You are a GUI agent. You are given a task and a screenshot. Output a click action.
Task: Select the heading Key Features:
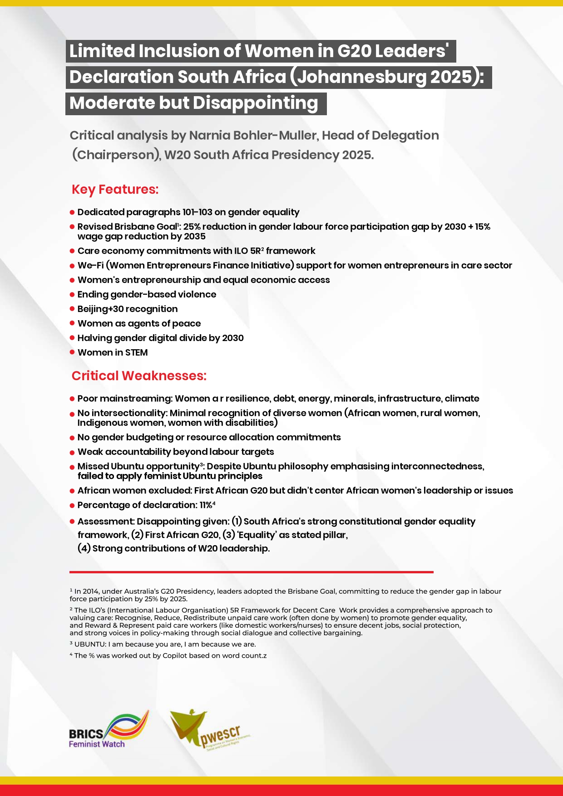point(115,189)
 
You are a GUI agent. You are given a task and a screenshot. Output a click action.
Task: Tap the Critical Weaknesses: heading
point(139,376)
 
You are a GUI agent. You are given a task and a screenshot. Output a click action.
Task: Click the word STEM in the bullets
point(137,352)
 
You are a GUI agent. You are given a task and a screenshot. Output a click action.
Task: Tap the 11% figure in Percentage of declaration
point(206,505)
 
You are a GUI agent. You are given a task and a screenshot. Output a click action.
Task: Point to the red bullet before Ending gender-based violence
point(72,295)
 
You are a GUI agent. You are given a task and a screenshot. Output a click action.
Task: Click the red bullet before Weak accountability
point(72,452)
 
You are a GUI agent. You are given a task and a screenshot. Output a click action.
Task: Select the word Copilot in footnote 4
point(175,655)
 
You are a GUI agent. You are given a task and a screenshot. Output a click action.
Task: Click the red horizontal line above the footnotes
point(251,572)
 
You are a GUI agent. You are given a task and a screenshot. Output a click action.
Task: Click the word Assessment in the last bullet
point(105,522)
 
